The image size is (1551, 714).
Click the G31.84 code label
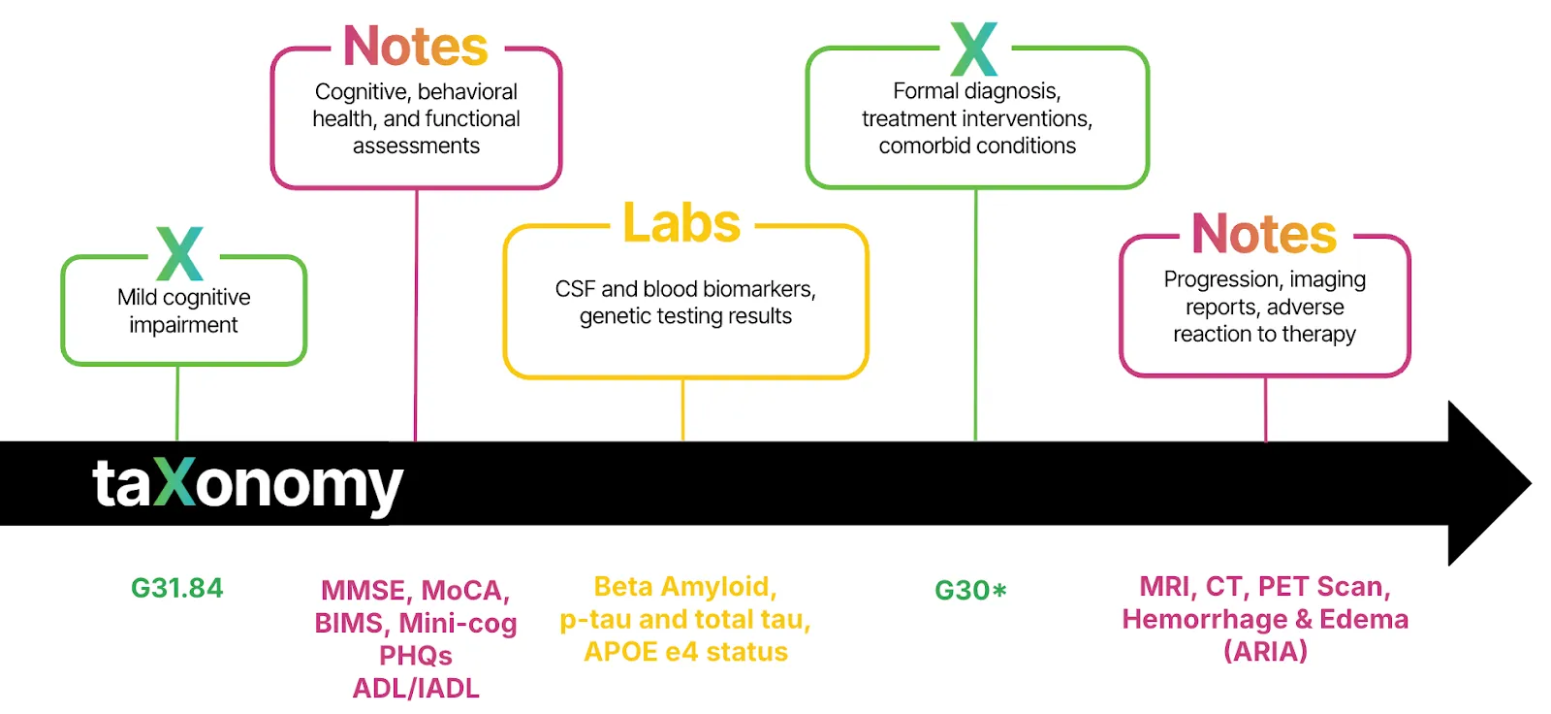176,588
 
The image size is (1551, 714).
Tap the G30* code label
970,590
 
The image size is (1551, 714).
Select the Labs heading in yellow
681,223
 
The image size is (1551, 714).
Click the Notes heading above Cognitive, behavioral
416,47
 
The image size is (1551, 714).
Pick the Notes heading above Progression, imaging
1264,234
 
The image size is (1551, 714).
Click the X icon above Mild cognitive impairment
180,253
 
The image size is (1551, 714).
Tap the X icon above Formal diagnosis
974,49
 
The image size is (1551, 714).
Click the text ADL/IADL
416,688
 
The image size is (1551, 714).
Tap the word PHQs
416,656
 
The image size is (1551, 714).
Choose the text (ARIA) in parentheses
1265,651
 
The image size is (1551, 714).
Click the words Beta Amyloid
684,587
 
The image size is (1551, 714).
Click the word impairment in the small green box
183,325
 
